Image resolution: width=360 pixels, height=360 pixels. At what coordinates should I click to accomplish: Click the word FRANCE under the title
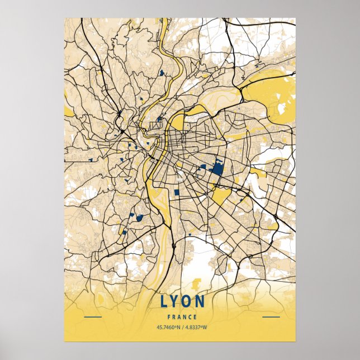[x=182, y=317]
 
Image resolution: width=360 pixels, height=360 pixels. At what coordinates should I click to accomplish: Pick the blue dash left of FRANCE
[x=92, y=317]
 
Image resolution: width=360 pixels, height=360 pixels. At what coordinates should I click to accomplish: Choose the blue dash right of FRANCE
[x=271, y=317]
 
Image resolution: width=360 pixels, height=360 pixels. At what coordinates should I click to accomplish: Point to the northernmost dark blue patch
[x=162, y=72]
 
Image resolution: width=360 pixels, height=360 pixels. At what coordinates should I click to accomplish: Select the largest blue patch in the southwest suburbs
[x=138, y=217]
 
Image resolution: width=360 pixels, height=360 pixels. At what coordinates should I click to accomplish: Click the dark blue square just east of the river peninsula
[x=177, y=192]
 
